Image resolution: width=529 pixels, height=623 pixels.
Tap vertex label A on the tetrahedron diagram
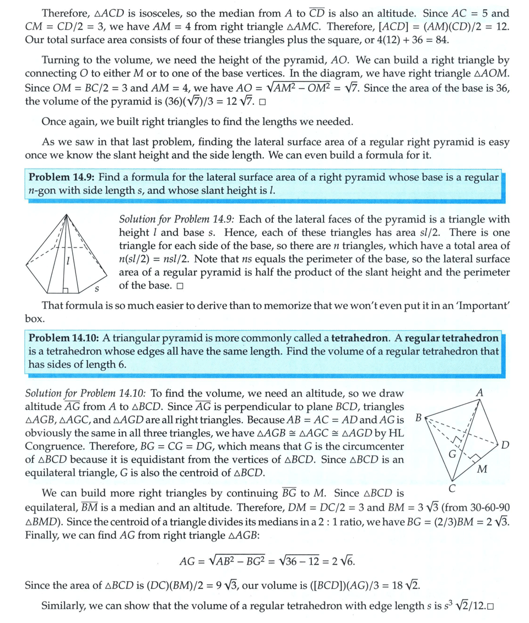click(479, 393)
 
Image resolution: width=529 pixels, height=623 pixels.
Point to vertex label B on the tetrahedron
click(418, 418)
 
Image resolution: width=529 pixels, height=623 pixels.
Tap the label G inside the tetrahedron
click(452, 454)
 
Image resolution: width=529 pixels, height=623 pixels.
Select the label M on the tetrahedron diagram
click(482, 469)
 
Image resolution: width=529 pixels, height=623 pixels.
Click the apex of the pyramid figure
click(66, 214)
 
